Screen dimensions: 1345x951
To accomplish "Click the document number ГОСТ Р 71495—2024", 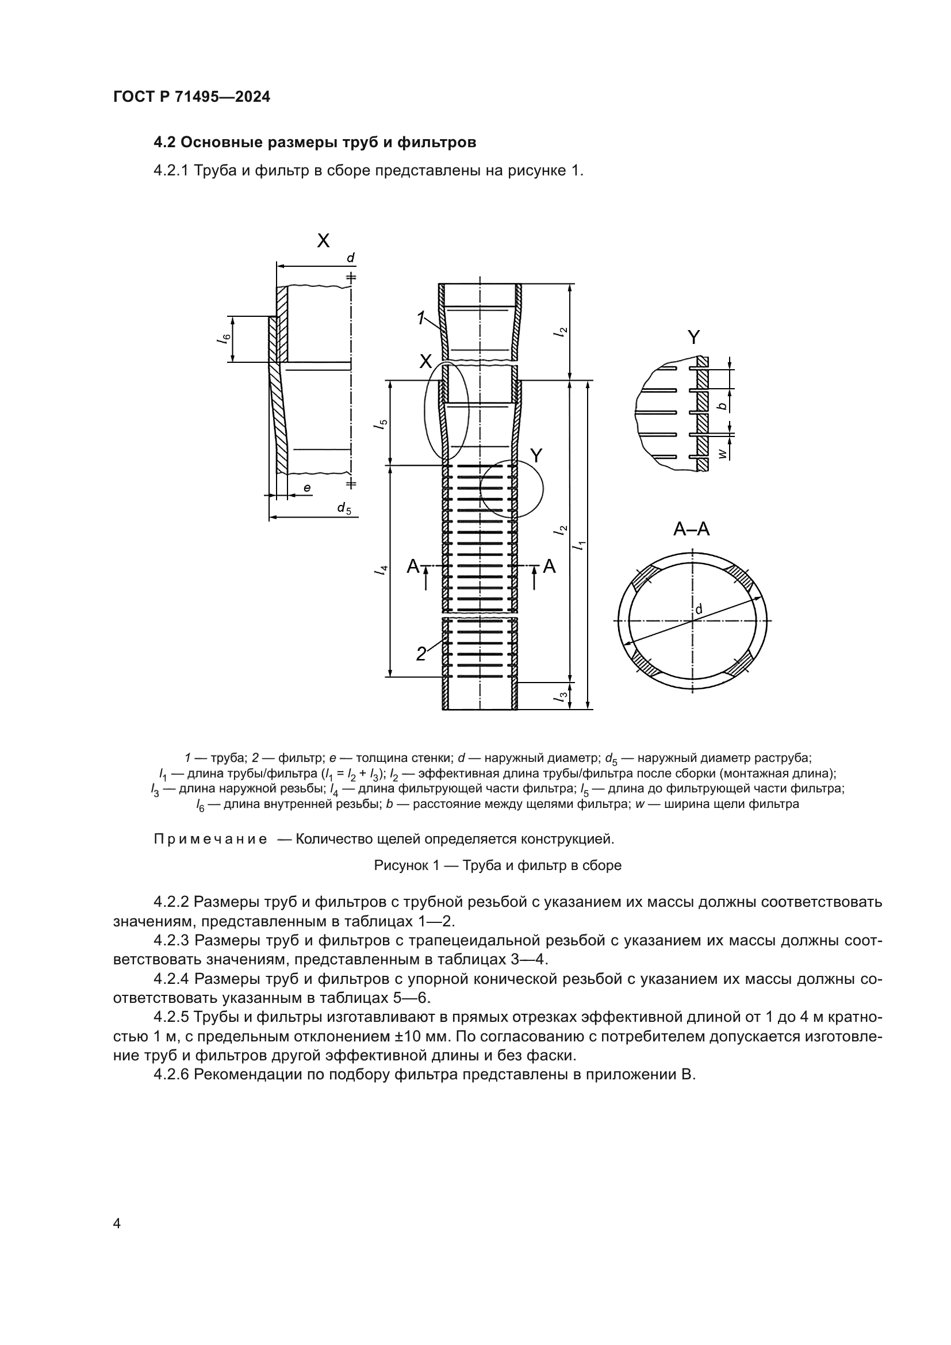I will point(191,97).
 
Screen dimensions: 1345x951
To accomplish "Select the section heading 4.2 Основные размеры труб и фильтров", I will point(315,143).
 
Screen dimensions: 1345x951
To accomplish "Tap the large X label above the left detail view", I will point(323,241).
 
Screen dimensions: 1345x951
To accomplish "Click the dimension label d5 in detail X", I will point(344,508).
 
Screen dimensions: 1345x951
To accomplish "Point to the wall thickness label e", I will point(306,488).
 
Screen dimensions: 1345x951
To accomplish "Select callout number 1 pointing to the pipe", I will point(420,318).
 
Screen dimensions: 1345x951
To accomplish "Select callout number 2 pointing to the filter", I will point(421,654).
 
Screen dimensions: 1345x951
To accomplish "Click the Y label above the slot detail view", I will point(693,338).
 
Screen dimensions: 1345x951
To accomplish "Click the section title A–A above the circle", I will point(691,530).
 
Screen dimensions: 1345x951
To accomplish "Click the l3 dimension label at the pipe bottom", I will point(562,696).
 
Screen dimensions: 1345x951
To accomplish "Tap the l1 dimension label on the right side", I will point(580,545).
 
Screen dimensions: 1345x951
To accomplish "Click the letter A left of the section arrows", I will point(413,566).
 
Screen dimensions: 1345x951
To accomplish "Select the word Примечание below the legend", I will point(210,840).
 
